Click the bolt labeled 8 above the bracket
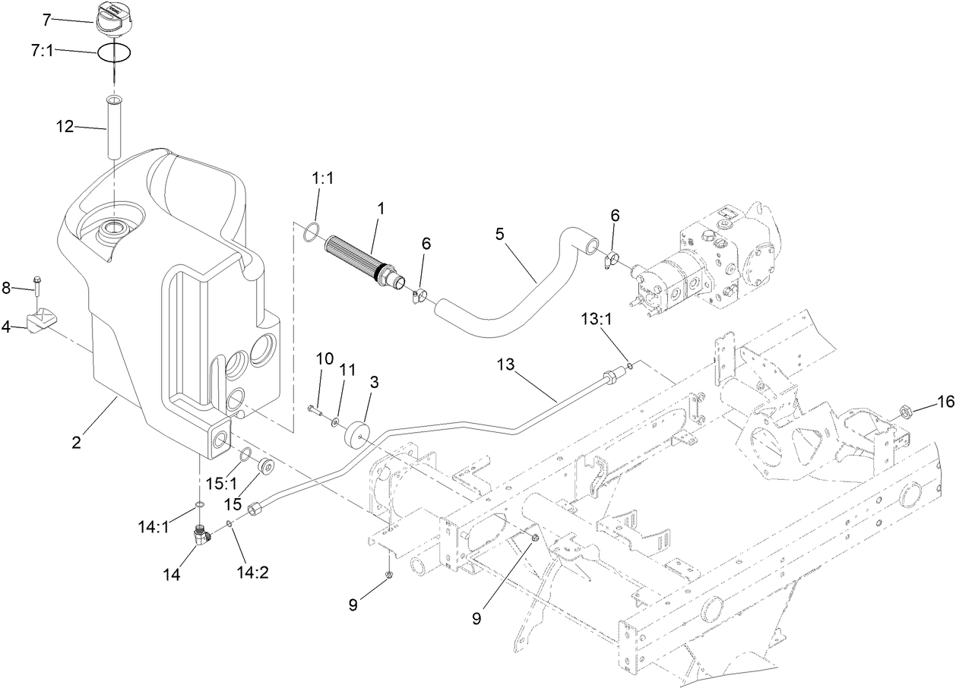coord(38,289)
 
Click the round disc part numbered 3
coord(356,437)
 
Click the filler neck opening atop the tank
coord(114,226)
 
